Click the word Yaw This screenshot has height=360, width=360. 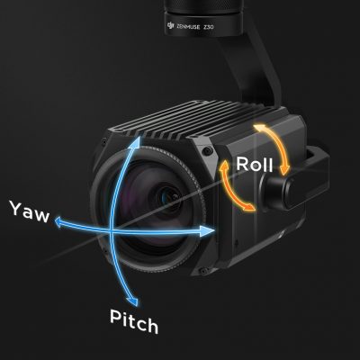pyautogui.click(x=30, y=211)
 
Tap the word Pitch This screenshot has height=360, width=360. pyautogui.click(x=134, y=322)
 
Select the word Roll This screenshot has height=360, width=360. pyautogui.click(x=255, y=165)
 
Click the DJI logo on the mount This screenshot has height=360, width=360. pyautogui.click(x=170, y=25)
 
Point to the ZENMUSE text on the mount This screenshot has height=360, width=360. pyautogui.click(x=187, y=26)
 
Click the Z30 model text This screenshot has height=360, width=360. pyautogui.click(x=208, y=27)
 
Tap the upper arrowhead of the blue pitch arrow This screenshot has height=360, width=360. pyautogui.click(x=136, y=142)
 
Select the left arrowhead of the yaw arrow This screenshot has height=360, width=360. pyautogui.click(x=61, y=222)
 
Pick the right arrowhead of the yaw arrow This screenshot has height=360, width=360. pyautogui.click(x=208, y=231)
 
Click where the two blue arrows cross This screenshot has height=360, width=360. pyautogui.click(x=112, y=231)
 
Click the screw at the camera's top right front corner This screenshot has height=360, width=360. pyautogui.click(x=207, y=150)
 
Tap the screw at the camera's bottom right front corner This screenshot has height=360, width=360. pyautogui.click(x=204, y=271)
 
